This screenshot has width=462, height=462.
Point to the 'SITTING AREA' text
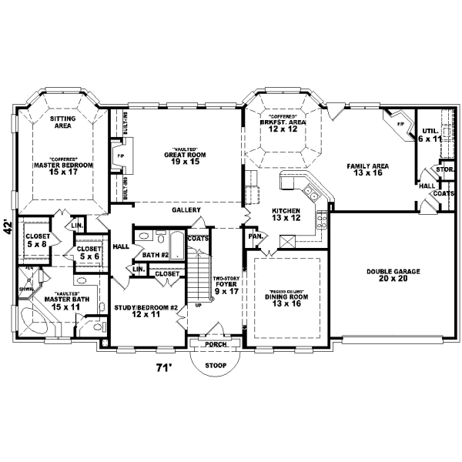pos(62,122)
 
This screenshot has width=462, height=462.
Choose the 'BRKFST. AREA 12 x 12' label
pos(283,126)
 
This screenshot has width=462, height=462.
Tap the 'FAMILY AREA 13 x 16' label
pos(367,169)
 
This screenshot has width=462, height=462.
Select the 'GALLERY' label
pos(186,209)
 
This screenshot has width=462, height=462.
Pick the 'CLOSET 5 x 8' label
pos(37,240)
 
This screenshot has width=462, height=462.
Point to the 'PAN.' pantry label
pos(254,236)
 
